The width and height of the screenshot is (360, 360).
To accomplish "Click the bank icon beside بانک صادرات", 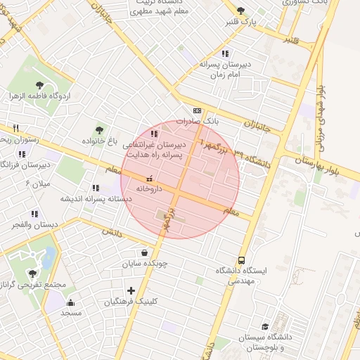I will [x=196, y=110].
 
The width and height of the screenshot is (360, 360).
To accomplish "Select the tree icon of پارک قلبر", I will [x=242, y=11].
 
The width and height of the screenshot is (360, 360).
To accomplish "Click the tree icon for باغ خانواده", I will [x=99, y=129].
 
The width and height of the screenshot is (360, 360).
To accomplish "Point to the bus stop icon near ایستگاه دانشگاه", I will [x=242, y=259].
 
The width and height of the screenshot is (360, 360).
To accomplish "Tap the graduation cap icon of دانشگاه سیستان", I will [x=265, y=326].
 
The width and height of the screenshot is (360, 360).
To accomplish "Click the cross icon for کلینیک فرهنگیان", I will [x=131, y=290].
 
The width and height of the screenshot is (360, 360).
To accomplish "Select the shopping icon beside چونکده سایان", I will [x=144, y=252].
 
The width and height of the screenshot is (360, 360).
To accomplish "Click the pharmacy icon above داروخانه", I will [x=148, y=179].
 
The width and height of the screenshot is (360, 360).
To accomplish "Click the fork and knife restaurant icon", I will [x=15, y=129].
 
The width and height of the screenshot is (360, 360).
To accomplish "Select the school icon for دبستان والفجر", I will [x=34, y=214].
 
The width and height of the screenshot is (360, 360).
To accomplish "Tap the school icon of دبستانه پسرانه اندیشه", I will [x=95, y=188].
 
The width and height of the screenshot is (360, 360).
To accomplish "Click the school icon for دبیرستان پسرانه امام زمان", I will [x=224, y=53].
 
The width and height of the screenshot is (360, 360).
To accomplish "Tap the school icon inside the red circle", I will [x=154, y=133].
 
